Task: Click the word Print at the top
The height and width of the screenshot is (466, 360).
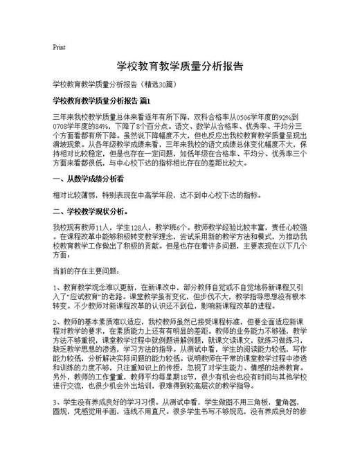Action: (59, 47)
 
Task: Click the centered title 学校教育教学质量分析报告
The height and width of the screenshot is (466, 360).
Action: (179, 66)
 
